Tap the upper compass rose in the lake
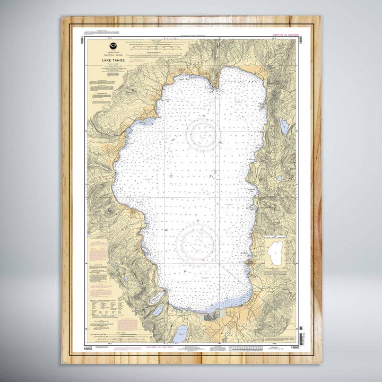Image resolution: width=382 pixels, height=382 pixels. coord(203,135)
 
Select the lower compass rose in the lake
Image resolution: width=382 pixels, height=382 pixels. coord(197,244)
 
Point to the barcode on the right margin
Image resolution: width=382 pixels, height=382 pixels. coord(301,338)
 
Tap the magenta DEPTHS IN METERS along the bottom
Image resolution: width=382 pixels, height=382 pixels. coord(159,348)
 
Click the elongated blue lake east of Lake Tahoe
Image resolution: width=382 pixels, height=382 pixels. coord(284,126)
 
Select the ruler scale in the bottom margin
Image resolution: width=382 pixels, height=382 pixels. coord(249,348)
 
